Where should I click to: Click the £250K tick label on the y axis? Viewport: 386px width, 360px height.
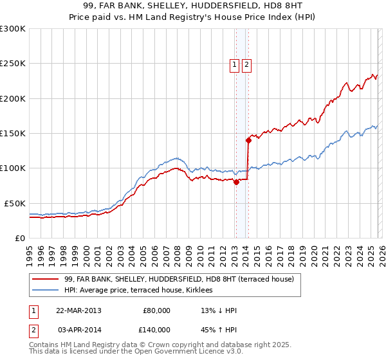[13, 64]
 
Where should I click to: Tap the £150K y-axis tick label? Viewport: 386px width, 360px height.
[13, 133]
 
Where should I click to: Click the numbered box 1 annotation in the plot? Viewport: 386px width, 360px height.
[235, 64]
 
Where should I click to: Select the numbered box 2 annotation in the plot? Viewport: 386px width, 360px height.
[246, 64]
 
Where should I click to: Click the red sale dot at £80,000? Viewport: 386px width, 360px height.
[236, 182]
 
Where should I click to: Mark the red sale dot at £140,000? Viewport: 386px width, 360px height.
[248, 140]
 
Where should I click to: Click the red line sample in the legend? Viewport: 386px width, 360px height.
[46, 279]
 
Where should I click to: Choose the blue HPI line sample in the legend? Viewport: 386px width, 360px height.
[46, 290]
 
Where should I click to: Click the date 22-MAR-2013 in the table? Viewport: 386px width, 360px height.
[78, 310]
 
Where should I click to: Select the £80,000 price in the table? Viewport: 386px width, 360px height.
[156, 310]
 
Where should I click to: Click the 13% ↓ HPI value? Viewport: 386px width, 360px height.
[219, 310]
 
